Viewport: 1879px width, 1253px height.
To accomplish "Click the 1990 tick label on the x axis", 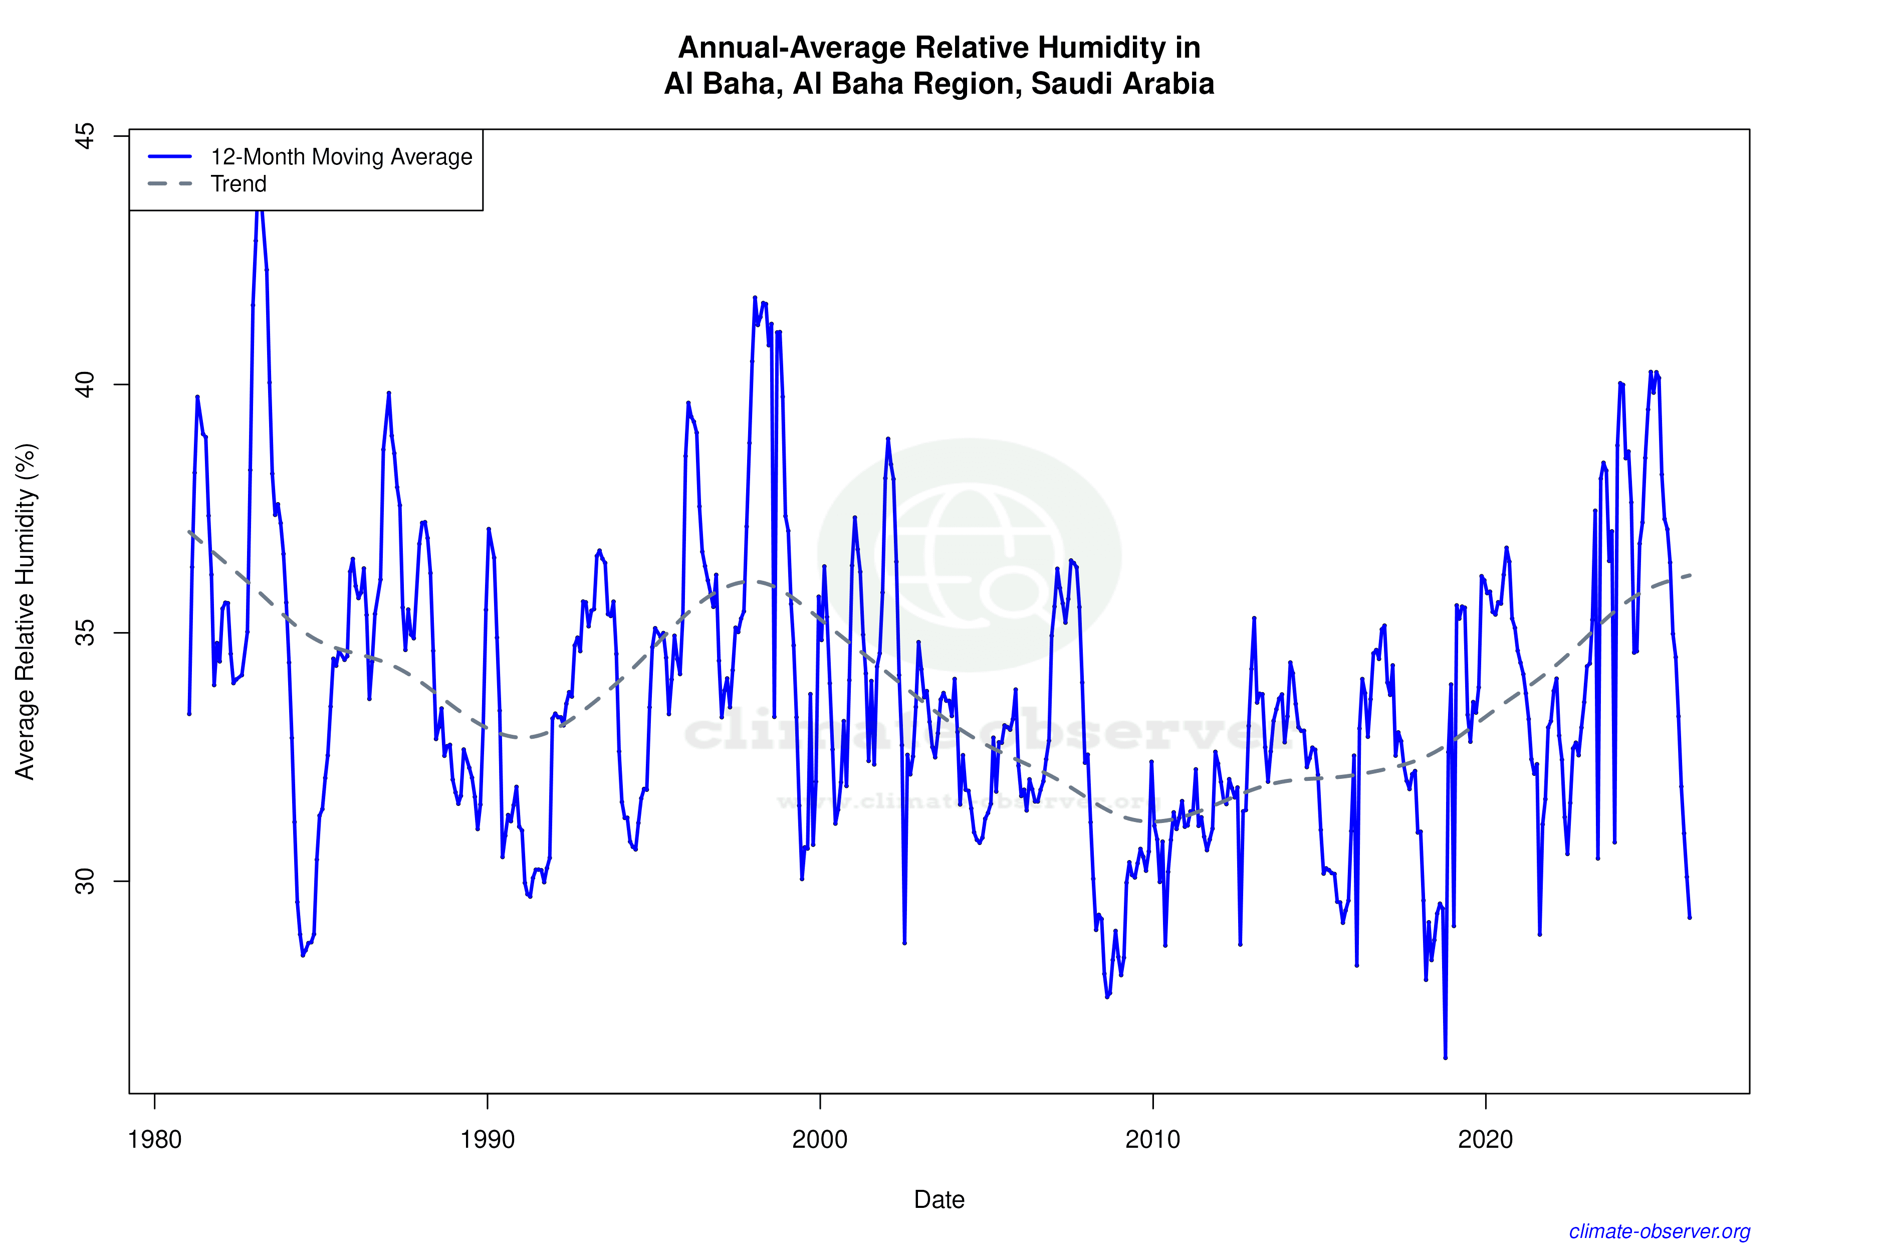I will [x=487, y=1139].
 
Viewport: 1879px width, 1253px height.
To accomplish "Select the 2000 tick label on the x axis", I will [x=820, y=1139].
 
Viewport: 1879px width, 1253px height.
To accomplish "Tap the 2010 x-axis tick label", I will [x=1152, y=1139].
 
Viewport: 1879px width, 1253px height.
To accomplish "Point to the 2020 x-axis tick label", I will [x=1485, y=1139].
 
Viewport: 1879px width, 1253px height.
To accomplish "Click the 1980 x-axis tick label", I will [x=154, y=1139].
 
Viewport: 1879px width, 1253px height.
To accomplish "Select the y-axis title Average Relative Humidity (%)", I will [x=26, y=611].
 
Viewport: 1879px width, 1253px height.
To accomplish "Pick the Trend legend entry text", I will [x=238, y=184].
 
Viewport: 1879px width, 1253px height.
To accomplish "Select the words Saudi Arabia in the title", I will [x=1122, y=84].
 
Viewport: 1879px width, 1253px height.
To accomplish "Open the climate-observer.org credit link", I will [x=1660, y=1231].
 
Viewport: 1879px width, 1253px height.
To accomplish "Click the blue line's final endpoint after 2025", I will [x=1689, y=917].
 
